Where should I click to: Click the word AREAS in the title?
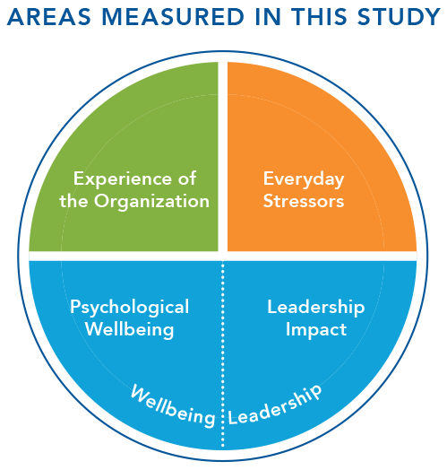(48, 17)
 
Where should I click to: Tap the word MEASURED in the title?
(173, 17)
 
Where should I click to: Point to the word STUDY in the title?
(399, 17)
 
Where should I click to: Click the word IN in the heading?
(268, 17)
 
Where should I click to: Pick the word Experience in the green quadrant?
(123, 179)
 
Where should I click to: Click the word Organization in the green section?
(151, 202)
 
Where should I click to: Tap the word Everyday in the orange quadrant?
(304, 180)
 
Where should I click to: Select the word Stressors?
(304, 201)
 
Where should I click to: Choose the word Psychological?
(129, 308)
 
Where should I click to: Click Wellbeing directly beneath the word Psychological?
(129, 330)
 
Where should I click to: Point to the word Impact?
(316, 330)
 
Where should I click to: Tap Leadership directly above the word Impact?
(316, 308)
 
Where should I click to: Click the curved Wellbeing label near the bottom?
(174, 406)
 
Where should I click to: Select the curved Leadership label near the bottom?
(275, 405)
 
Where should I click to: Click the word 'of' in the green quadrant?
(187, 178)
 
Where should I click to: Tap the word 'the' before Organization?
(73, 201)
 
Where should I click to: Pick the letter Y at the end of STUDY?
(432, 17)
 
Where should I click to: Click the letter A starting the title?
(15, 17)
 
